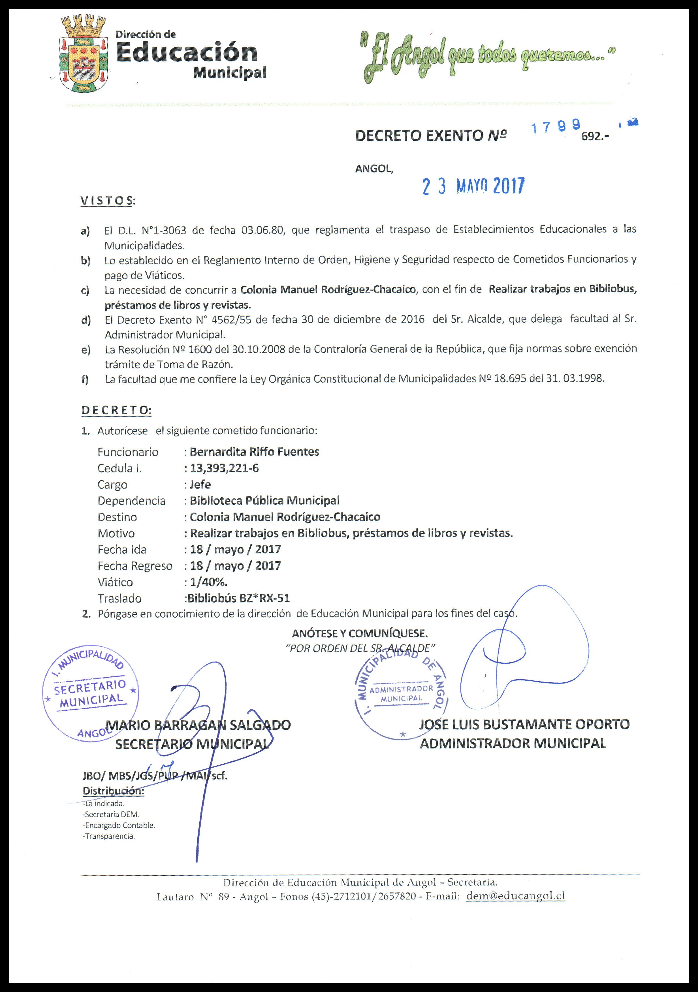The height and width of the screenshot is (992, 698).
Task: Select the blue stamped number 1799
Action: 555,127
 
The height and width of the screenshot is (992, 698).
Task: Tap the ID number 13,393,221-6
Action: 224,468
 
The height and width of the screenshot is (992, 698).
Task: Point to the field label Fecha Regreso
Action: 135,566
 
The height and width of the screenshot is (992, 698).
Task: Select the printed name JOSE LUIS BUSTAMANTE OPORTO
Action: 524,724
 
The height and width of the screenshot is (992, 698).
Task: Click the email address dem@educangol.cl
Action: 516,896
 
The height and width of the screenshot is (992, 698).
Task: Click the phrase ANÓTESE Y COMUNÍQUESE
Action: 360,633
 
